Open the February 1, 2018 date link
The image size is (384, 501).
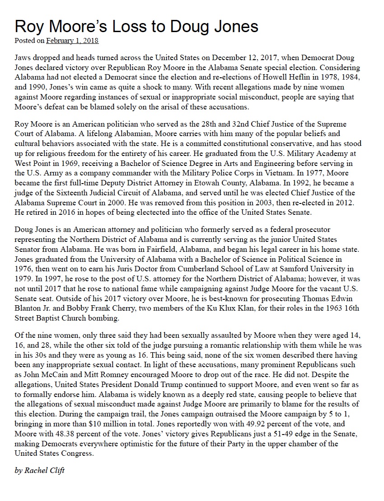[72, 41]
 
